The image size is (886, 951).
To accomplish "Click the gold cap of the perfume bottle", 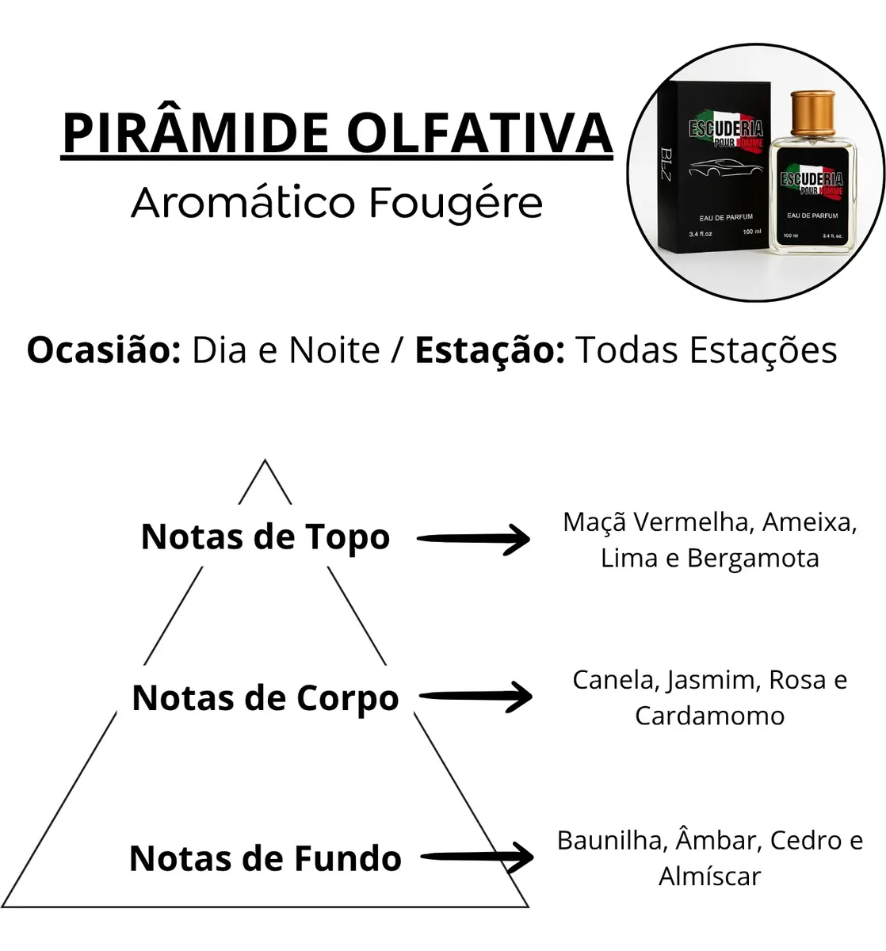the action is [x=813, y=113].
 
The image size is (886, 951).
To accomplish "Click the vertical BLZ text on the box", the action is [x=666, y=164].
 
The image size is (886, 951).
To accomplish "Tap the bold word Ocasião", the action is [x=104, y=351].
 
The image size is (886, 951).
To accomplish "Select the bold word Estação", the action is [x=490, y=351].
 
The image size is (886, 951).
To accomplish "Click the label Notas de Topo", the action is [x=265, y=537].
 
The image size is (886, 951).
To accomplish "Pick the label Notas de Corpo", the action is [x=265, y=698].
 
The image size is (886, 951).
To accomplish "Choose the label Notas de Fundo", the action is [x=265, y=858].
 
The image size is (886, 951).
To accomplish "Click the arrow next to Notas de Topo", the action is [x=474, y=539].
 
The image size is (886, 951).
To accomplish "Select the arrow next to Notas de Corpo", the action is [x=475, y=697].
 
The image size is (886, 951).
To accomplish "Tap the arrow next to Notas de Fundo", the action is [x=477, y=857].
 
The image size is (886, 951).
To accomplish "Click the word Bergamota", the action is [x=753, y=559].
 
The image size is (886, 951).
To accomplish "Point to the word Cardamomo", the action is [x=710, y=716].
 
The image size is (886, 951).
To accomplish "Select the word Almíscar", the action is [x=710, y=877].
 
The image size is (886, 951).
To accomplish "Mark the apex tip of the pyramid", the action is [x=265, y=460].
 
